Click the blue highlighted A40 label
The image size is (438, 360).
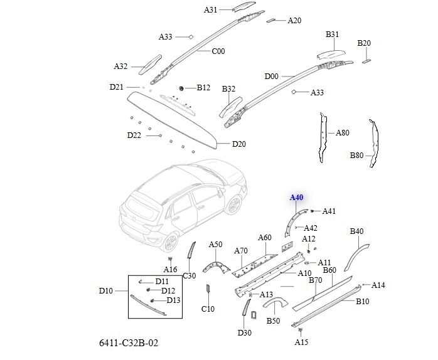click(296, 198)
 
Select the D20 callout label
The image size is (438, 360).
click(238, 144)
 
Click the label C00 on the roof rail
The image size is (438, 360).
click(218, 51)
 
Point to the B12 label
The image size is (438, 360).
click(203, 88)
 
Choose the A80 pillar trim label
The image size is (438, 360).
click(342, 133)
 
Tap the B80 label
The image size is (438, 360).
click(356, 155)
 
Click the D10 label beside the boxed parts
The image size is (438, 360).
click(106, 291)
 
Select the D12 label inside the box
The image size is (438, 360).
click(168, 290)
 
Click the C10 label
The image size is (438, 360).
click(208, 309)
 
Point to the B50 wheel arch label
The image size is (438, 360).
click(273, 321)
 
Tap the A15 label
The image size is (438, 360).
click(302, 342)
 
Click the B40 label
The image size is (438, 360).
click(356, 231)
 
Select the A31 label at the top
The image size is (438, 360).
click(211, 10)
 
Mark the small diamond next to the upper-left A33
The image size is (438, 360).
click(191, 37)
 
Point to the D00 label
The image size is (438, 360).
click(271, 77)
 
